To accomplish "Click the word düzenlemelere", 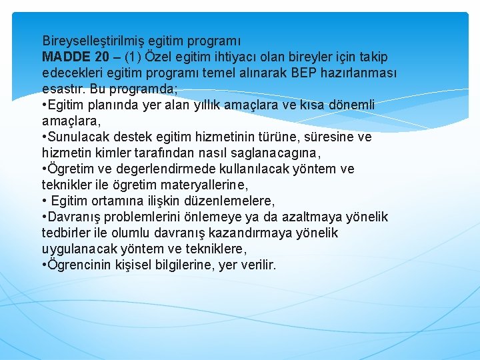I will click(x=231, y=201).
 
